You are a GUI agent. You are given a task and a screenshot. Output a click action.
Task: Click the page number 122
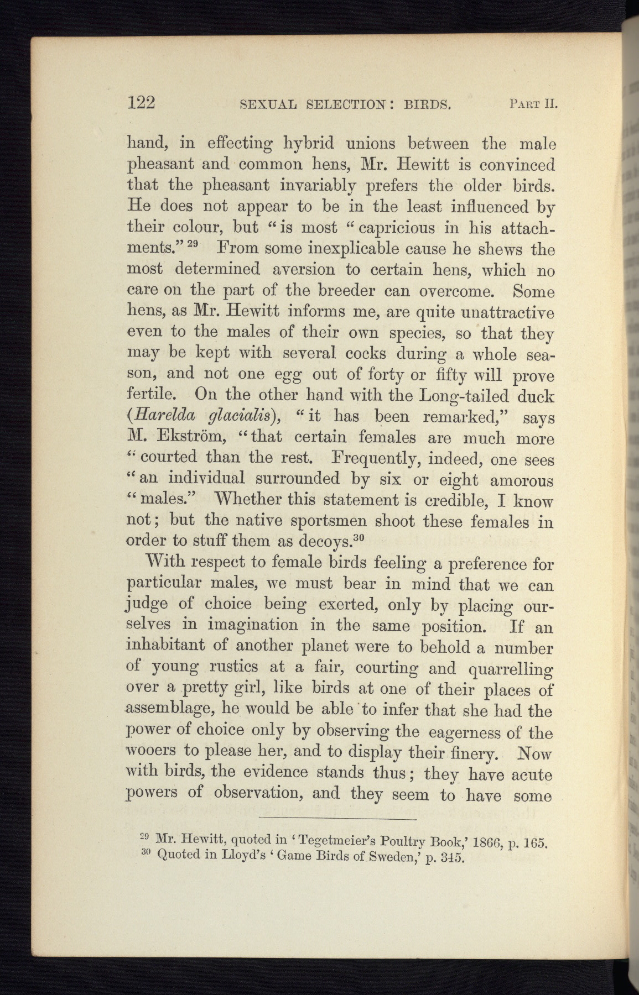142,103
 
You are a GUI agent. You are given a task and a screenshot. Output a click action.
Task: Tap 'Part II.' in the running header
532,103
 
